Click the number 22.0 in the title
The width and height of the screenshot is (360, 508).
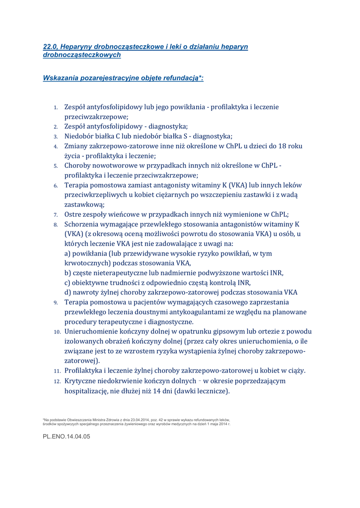(50, 47)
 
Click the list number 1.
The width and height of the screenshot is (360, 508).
(57, 107)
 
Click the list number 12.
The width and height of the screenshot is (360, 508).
(57, 381)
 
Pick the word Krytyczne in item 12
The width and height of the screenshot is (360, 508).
(82, 381)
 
